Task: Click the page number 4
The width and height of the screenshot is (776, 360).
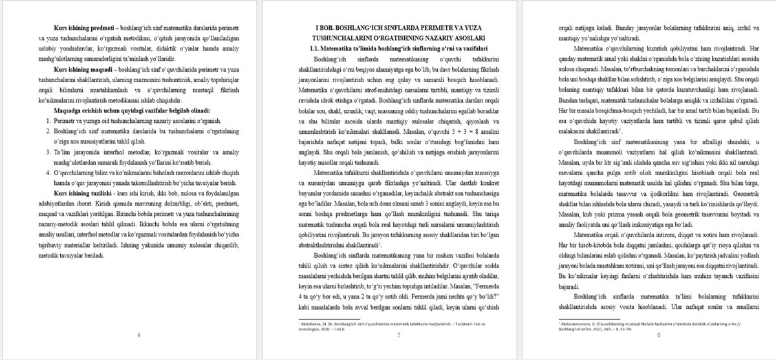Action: tap(139, 335)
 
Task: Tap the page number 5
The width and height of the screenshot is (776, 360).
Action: tap(398, 335)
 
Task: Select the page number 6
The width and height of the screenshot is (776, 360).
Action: tap(658, 335)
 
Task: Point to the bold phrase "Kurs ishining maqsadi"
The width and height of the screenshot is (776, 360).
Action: tap(83, 68)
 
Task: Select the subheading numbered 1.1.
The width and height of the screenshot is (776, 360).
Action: tap(398, 48)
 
